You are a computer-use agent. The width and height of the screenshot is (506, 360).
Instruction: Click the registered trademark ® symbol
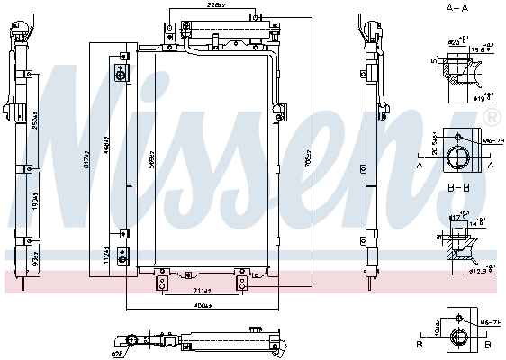pyautogui.click(x=492, y=118)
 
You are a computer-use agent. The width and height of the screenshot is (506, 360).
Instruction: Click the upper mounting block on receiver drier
pyautogui.click(x=121, y=73)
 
